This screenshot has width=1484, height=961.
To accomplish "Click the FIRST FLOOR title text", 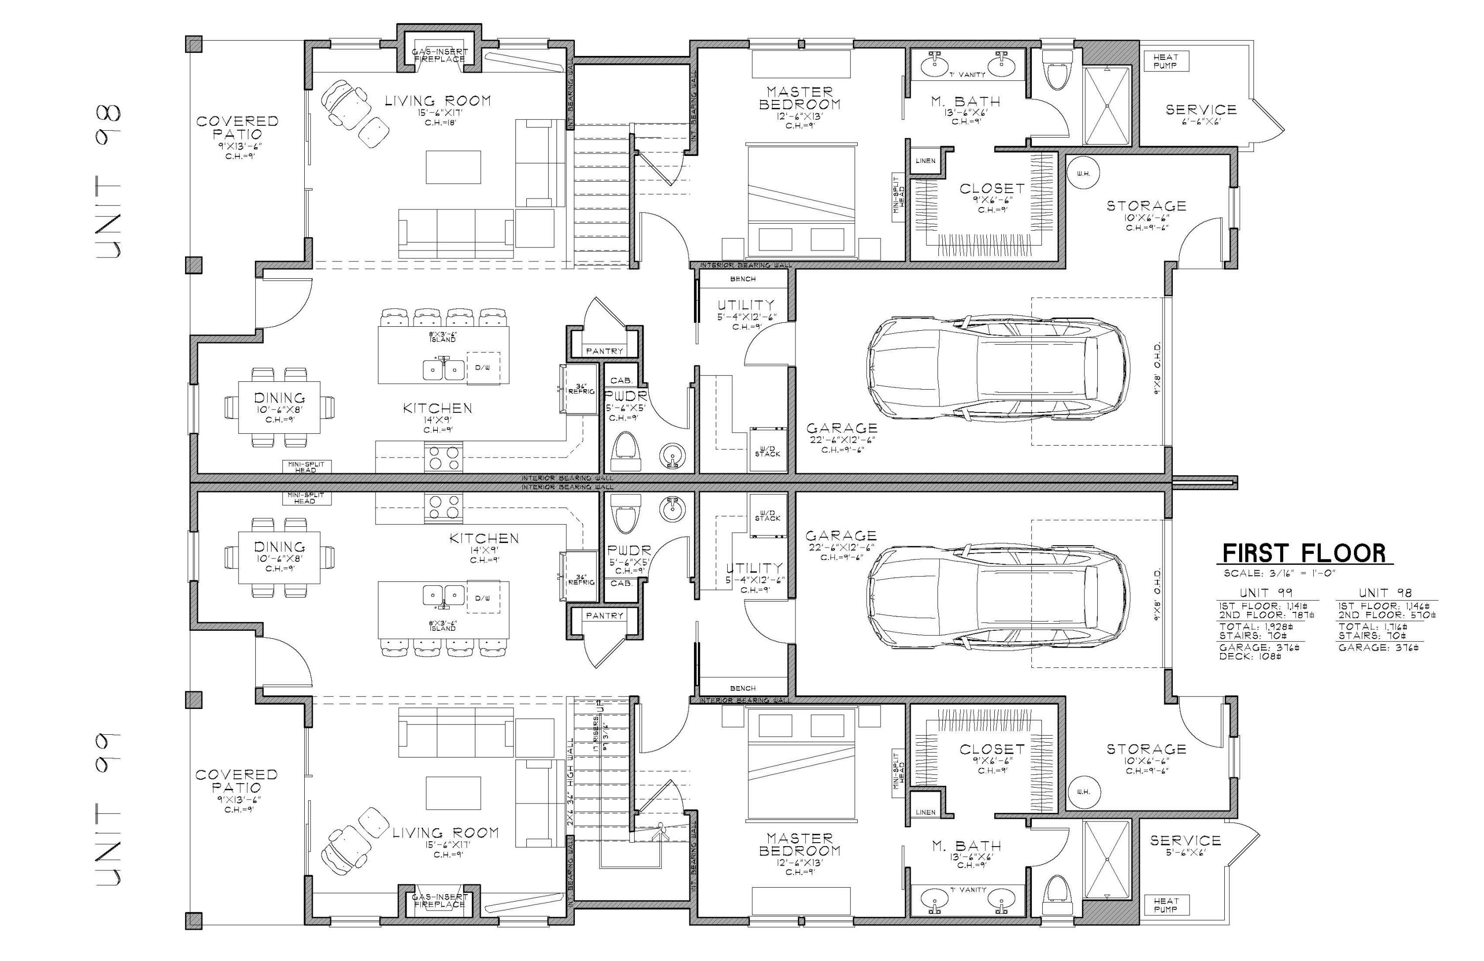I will tap(1304, 553).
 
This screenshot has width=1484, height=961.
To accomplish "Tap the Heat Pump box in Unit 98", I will tap(1165, 61).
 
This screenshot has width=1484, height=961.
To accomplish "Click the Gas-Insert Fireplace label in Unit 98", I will tap(440, 55).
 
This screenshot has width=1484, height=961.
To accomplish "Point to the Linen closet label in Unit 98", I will tap(926, 161).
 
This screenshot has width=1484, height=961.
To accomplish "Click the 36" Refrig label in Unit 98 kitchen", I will tap(581, 389).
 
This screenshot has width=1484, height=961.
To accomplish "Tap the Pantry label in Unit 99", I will tap(604, 615).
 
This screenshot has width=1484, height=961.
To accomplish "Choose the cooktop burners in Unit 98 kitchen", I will tap(443, 457).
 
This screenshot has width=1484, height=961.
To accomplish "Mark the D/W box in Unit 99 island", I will tap(483, 598).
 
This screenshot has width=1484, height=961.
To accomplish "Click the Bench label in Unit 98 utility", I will tap(742, 279).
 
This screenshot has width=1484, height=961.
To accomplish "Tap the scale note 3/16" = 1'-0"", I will tap(1278, 573).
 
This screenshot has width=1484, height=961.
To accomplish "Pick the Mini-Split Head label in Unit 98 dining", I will tap(305, 467).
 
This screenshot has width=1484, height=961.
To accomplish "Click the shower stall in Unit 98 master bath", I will tap(1107, 106).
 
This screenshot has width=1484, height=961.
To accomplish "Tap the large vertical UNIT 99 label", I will tap(109, 809).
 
